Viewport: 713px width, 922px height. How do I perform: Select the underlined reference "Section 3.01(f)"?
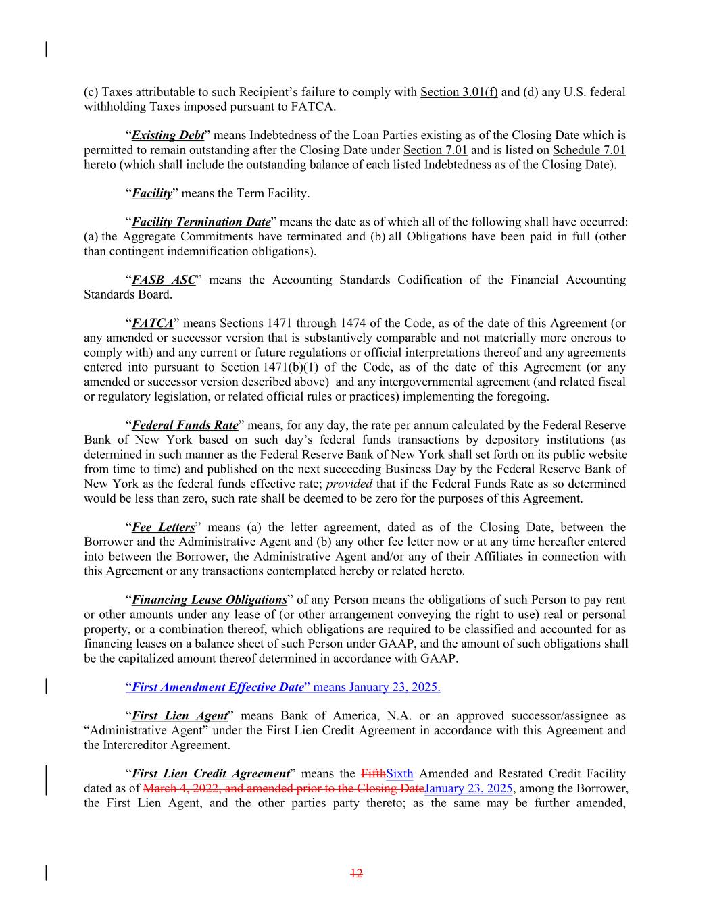(x=459, y=92)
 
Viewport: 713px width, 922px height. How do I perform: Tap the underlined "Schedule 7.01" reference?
(x=589, y=150)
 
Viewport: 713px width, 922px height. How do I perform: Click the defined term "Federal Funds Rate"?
(x=185, y=426)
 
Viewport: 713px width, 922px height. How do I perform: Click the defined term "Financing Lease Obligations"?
(x=209, y=600)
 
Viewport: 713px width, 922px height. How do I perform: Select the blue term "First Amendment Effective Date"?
(x=218, y=688)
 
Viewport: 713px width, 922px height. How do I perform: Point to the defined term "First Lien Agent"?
(x=178, y=716)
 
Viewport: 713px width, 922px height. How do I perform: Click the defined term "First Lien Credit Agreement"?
(x=210, y=774)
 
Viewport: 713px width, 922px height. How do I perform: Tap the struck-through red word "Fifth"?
(x=374, y=774)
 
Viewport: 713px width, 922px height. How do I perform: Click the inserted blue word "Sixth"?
(x=399, y=774)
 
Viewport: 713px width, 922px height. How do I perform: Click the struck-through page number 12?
(x=356, y=873)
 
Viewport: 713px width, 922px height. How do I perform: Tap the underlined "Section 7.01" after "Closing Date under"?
(x=435, y=150)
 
